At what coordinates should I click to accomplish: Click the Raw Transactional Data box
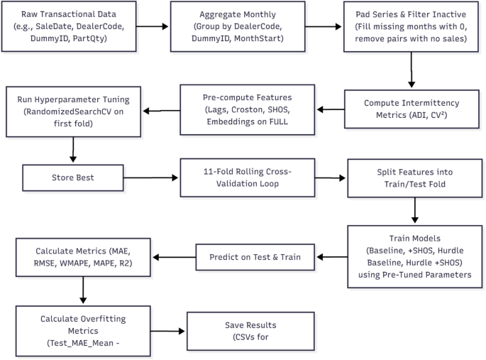coord(70,28)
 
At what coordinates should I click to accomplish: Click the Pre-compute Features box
coord(243,110)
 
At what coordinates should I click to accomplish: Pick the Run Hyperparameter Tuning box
coord(74,110)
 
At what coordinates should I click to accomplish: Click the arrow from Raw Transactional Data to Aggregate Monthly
coord(153,28)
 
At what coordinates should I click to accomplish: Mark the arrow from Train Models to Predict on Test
coord(331,257)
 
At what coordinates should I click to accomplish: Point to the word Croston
coord(239,110)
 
